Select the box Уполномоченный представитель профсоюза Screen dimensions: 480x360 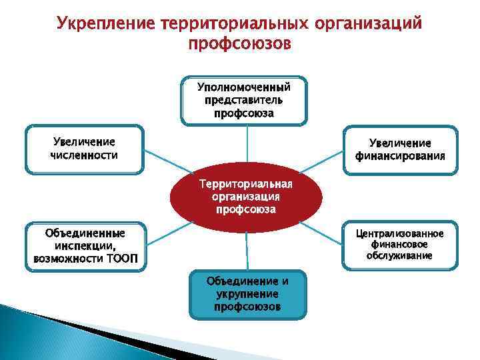tap(244, 100)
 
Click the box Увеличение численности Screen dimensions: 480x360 tap(84, 149)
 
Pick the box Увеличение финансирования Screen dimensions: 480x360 tap(400, 150)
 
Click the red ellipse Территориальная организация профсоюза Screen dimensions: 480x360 tap(246, 197)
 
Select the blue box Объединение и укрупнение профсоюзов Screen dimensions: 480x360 tap(247, 294)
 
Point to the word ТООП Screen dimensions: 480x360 tap(122, 258)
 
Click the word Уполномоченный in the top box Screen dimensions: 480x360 tap(244, 87)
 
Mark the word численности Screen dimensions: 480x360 tap(84, 155)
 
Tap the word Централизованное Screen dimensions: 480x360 tap(400, 233)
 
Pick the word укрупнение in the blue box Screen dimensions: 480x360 tap(247, 294)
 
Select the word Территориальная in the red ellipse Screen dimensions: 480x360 tap(246, 184)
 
